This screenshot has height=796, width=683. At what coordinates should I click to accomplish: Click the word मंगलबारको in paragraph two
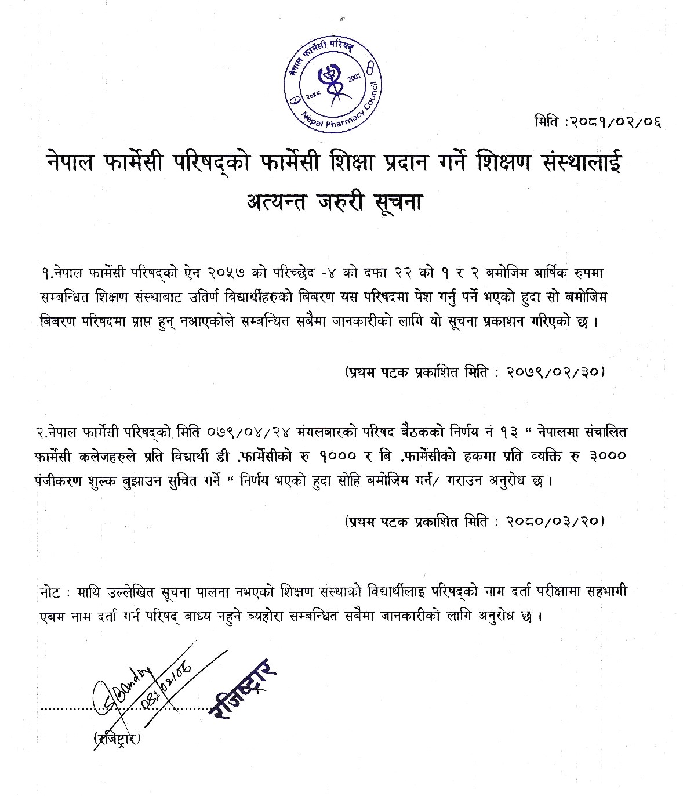(x=325, y=433)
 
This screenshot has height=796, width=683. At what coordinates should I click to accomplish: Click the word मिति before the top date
(x=546, y=122)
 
